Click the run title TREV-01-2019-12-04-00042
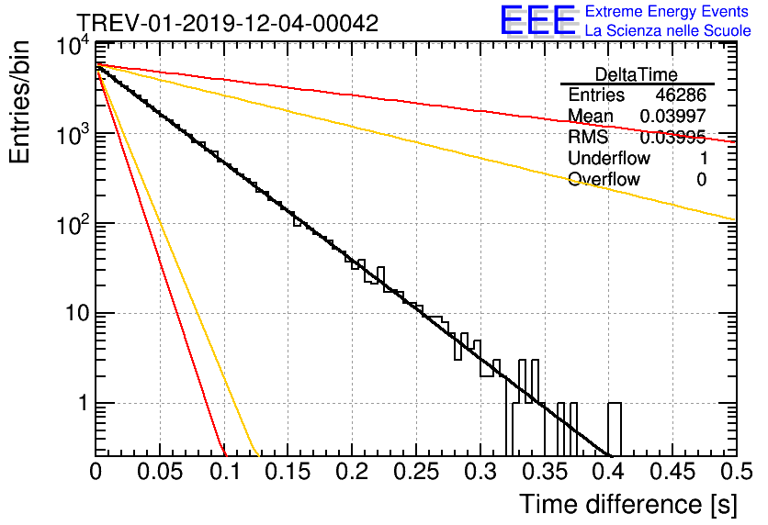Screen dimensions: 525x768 [227, 24]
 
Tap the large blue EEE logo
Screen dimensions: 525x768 [537, 21]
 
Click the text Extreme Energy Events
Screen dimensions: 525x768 [667, 12]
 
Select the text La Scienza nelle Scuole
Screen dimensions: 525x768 [667, 31]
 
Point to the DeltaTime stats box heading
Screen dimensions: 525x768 [637, 74]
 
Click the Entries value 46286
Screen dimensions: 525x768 [681, 95]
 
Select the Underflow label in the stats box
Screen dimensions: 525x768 [608, 159]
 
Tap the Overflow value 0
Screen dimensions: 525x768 [701, 180]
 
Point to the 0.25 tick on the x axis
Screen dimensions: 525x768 [416, 473]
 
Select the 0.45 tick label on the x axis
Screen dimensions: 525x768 [672, 473]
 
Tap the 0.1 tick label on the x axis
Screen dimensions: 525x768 [224, 473]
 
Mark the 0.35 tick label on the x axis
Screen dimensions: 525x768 [544, 473]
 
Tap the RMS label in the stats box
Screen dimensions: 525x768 [588, 138]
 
